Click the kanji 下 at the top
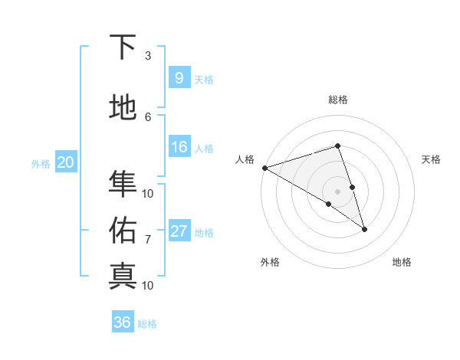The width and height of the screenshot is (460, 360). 123,47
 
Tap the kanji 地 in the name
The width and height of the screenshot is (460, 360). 123,108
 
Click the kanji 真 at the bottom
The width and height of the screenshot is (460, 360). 123,275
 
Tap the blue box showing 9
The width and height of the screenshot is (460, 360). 179,78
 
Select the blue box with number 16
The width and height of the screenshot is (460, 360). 179,147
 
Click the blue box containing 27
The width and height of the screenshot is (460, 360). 179,231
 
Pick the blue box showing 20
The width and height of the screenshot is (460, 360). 66,162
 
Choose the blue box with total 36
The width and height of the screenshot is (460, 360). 123,322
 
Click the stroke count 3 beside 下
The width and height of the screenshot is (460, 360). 148,56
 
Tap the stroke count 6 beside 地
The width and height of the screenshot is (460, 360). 148,116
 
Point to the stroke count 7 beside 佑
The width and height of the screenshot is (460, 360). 148,239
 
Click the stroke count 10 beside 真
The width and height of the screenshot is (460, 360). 148,285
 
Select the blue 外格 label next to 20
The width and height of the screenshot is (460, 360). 41,163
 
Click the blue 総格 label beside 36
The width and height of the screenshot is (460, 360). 147,324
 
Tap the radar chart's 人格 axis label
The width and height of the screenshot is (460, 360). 245,159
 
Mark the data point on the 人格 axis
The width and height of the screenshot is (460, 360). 264,168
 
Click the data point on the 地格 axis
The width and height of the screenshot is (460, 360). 364,228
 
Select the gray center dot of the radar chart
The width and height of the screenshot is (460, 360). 337,191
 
